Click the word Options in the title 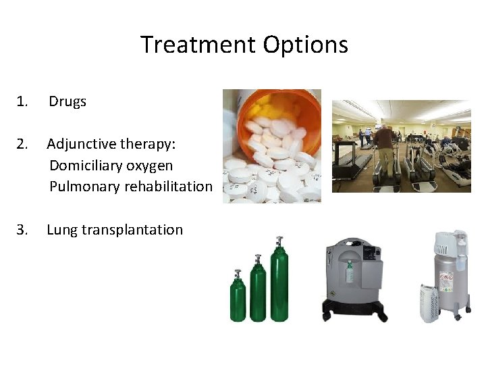click(306, 45)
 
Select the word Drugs click(67, 102)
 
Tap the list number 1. click(23, 102)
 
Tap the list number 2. click(23, 143)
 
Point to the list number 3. click(23, 230)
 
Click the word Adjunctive click(80, 143)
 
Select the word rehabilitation click(168, 187)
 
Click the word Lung click(62, 230)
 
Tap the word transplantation click(132, 230)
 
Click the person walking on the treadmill click(385, 145)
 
